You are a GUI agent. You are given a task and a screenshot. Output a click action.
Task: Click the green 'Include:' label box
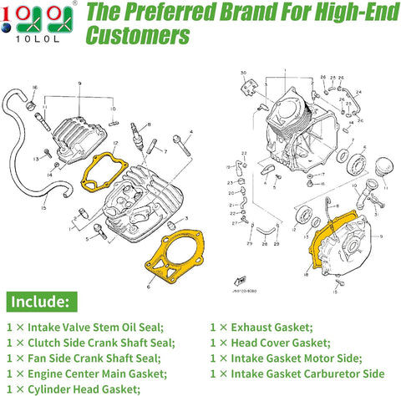[x=43, y=300]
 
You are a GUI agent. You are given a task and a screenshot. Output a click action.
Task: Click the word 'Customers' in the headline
[x=138, y=38]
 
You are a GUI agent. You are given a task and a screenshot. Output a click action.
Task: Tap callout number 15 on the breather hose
[x=44, y=210]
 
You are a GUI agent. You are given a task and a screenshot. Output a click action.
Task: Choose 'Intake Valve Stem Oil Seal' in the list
[x=91, y=327]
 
